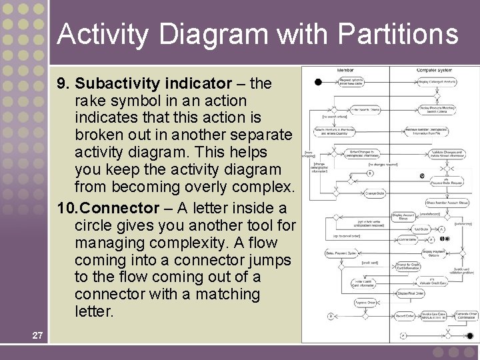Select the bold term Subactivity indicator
point(153,84)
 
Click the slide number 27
point(37,335)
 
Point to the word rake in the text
point(89,101)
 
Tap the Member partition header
point(345,70)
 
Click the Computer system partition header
point(434,70)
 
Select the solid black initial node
point(319,82)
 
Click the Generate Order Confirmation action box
point(465,316)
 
